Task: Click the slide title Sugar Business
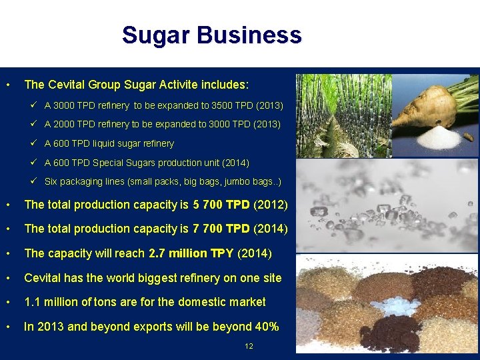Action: pyautogui.click(x=211, y=35)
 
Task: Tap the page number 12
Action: pyautogui.click(x=249, y=346)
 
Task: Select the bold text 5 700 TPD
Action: pyautogui.click(x=221, y=205)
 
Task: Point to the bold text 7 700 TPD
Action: pyautogui.click(x=221, y=229)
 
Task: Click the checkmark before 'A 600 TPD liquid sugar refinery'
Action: pyautogui.click(x=34, y=143)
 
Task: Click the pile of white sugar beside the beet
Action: pyautogui.click(x=436, y=138)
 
